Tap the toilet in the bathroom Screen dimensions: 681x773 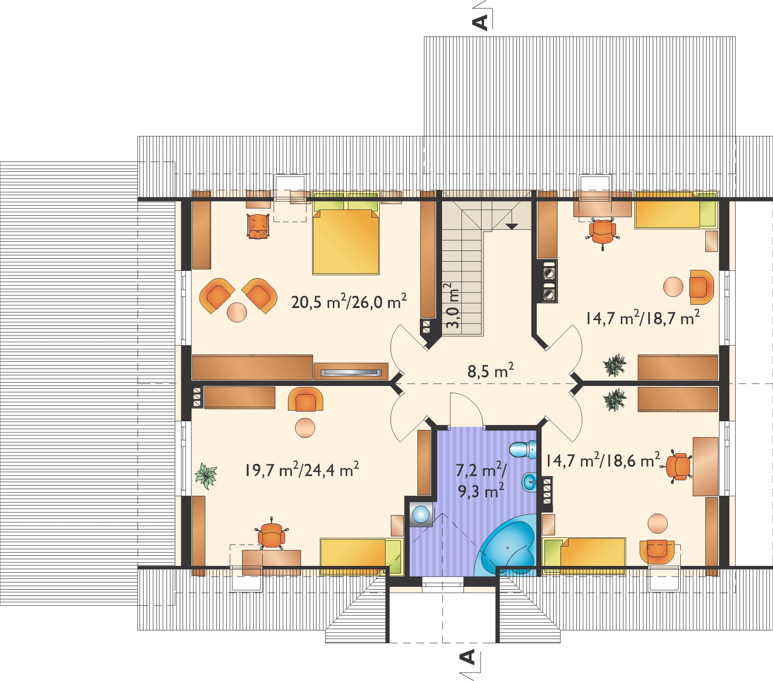point(524,449)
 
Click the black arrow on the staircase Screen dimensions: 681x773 point(511,226)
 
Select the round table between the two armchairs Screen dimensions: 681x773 point(236,312)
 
